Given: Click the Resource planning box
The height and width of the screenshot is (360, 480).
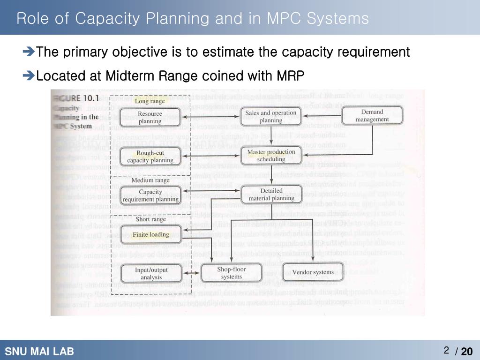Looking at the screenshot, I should point(150,117).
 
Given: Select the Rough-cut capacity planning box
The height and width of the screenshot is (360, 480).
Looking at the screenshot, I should point(150,157).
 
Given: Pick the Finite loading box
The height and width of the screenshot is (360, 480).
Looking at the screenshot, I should point(150,234).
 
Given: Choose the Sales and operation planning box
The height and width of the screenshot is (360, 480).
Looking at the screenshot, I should point(271,116).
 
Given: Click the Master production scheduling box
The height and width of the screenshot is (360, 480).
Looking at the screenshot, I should point(271,156).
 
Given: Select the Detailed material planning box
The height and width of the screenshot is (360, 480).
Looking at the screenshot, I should point(271,195).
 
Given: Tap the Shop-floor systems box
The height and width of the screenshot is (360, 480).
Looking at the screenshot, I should point(231,273).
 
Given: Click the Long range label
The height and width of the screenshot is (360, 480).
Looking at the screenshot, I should point(150,101).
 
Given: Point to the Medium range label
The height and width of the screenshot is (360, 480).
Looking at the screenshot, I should point(150,180).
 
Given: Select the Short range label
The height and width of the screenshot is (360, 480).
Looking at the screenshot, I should point(150,219).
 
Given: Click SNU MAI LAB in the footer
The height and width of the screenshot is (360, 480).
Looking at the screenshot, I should point(39,352).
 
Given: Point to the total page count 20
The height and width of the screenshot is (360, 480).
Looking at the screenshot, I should point(467,352).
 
